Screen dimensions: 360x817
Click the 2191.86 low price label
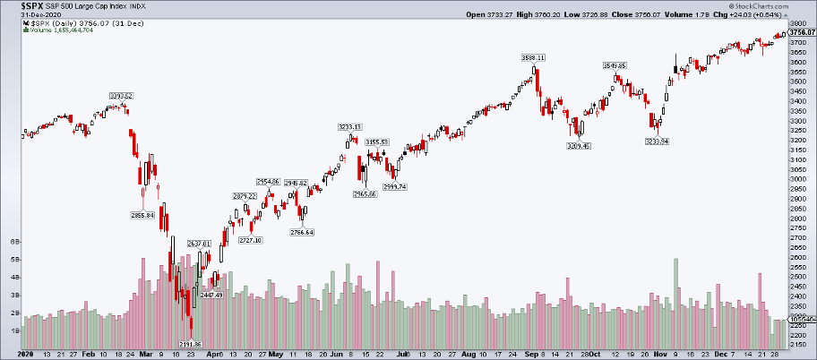(191, 344)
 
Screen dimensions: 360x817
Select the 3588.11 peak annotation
(534, 57)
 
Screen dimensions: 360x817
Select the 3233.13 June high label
(349, 126)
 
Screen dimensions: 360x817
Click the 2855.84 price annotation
(143, 215)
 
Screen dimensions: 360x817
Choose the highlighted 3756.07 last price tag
(800, 32)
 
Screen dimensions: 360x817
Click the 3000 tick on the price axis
(797, 179)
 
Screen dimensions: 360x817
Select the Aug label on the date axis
(468, 354)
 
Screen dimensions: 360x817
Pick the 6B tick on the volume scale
(14, 243)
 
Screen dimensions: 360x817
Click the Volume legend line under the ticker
(56, 30)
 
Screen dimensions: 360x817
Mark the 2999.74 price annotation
(395, 186)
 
